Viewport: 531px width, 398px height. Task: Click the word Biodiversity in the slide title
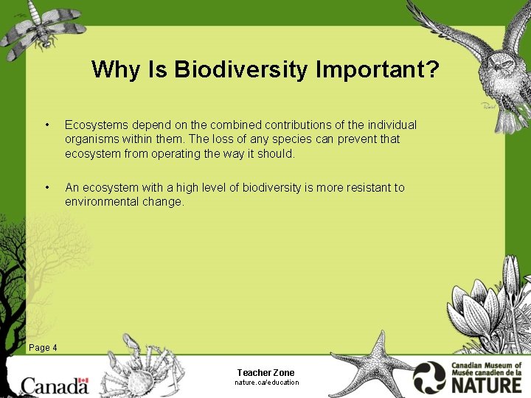point(243,70)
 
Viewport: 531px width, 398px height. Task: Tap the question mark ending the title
point(432,69)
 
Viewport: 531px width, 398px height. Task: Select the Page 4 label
point(42,348)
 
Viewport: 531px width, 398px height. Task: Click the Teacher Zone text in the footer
point(265,373)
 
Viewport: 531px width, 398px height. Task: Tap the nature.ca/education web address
point(266,383)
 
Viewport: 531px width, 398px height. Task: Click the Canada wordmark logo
point(55,385)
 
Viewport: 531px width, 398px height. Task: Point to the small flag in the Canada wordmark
point(82,383)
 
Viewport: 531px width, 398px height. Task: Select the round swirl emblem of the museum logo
point(429,377)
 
